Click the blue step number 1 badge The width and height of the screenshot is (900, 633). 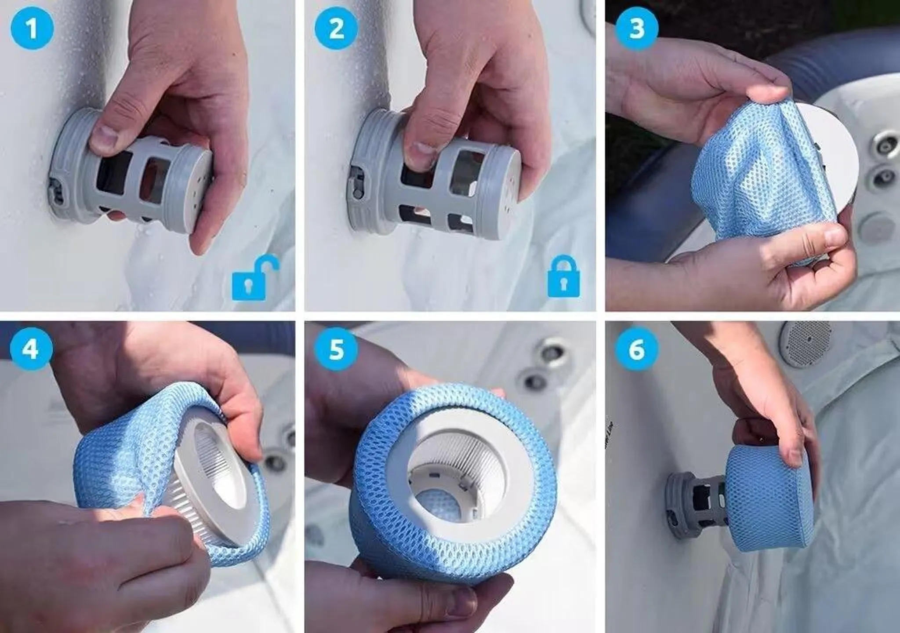pos(32,29)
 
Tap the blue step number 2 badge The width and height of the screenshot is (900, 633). pos(337,29)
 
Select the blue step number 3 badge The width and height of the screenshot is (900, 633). pos(637,29)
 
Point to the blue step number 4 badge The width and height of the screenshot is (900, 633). pos(31,350)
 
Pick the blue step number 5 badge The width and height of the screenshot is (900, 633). pos(336,350)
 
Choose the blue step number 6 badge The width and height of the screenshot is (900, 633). pos(637,350)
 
